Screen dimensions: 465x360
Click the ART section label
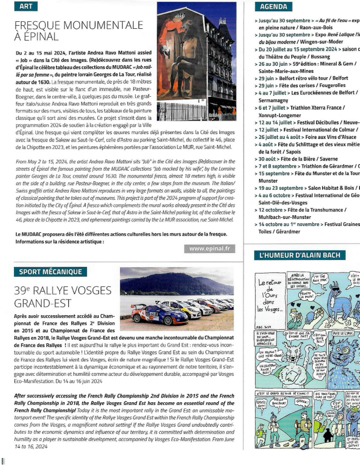pyautogui.click(x=26, y=6)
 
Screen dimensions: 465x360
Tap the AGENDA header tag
pyautogui.click(x=274, y=6)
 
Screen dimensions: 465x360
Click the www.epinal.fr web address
pyautogui.click(x=209, y=249)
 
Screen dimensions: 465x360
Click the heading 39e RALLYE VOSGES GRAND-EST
pyautogui.click(x=63, y=296)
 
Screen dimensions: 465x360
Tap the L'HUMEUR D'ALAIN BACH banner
pyautogui.click(x=300, y=255)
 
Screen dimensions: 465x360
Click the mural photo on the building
pyautogui.click(x=196, y=60)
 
